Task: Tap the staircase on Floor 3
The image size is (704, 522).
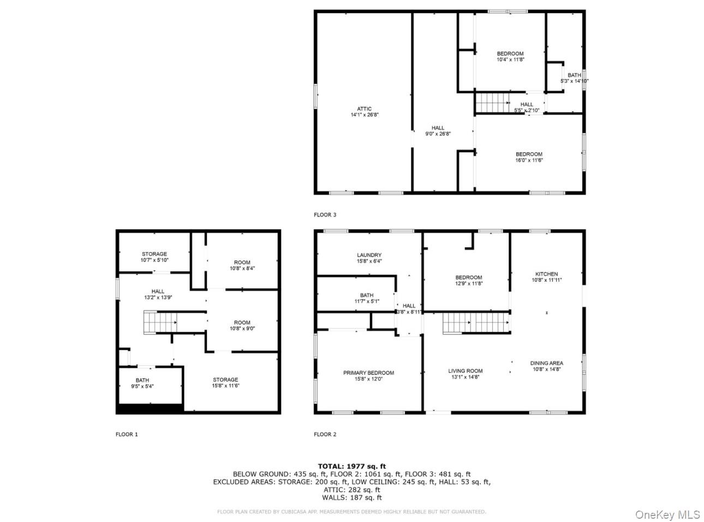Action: (492, 102)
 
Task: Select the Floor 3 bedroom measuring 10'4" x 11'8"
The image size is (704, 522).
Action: (510, 57)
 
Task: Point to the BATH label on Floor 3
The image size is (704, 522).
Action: (574, 78)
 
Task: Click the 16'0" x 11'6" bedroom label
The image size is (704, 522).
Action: (529, 157)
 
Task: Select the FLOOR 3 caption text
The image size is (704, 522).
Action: (325, 215)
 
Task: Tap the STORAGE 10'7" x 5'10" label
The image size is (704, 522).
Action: (154, 257)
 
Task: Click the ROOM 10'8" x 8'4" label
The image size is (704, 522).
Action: (242, 265)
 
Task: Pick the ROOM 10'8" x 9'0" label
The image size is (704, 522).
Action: (242, 325)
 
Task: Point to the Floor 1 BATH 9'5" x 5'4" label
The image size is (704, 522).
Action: (142, 383)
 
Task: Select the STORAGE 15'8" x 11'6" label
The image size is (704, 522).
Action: (225, 383)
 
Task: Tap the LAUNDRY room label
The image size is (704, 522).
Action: (369, 258)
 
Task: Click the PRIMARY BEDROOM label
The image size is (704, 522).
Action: (368, 376)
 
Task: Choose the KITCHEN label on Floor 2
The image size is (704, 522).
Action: (546, 277)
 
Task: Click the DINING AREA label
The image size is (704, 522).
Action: (546, 366)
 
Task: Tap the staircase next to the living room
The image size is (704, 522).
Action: (475, 322)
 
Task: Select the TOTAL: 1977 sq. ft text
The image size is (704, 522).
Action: (351, 466)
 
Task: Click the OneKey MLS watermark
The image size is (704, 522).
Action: (668, 514)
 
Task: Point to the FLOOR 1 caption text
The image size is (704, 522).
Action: (127, 435)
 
